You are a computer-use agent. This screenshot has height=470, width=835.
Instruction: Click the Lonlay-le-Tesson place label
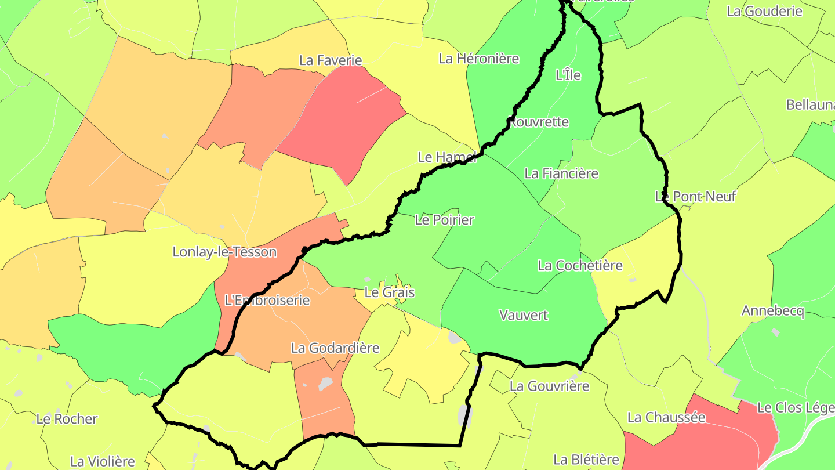224,252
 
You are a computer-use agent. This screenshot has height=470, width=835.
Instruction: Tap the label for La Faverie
331,60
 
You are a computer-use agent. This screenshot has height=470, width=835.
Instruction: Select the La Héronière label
478,59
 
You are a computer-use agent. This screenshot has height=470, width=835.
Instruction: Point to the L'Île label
568,75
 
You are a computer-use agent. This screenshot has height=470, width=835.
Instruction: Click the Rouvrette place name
539,122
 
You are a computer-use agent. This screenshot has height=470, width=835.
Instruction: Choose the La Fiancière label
561,173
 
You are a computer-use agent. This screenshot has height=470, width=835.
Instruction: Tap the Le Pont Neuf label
695,197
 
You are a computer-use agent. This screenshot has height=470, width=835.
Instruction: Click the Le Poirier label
445,220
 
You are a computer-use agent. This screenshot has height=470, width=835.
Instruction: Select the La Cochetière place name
580,266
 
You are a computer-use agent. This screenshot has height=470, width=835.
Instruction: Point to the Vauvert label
524,316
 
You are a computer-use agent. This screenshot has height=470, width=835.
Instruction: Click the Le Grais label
389,292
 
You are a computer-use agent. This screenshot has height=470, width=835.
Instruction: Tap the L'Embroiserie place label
267,301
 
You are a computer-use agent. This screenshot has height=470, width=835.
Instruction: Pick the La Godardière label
335,348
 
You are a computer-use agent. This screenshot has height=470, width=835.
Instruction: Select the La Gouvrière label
550,386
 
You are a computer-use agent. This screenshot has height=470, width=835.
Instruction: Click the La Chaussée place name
666,418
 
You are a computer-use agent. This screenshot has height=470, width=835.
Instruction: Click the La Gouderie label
764,11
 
